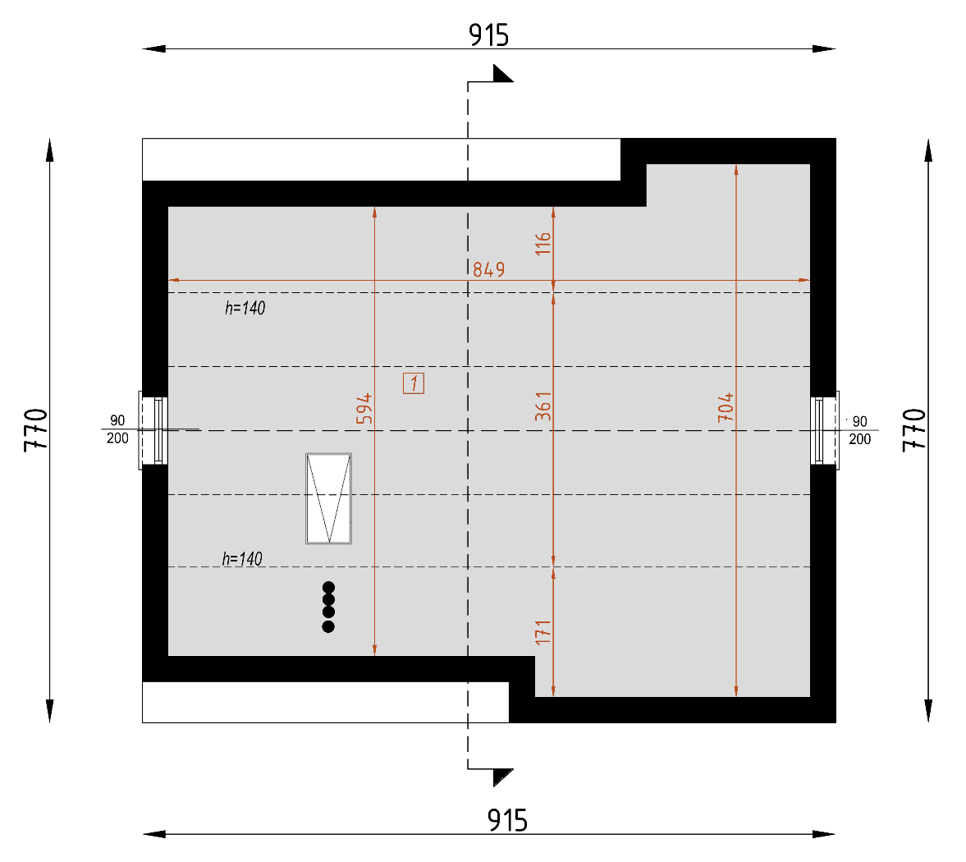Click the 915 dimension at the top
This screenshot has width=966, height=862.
coord(488,35)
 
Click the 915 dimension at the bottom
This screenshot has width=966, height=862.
coord(507,821)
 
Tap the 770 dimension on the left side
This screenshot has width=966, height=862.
coord(36,430)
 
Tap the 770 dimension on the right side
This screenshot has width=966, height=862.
coord(914,430)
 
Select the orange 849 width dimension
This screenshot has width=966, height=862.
coord(488,269)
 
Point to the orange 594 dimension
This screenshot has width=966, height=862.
coord(364,409)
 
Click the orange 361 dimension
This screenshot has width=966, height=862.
coord(543,406)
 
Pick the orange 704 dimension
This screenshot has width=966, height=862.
coord(726,407)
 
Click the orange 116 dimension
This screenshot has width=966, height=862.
coord(543,244)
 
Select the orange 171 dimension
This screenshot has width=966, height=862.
coord(543,633)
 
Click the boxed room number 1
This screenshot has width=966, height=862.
coord(414,383)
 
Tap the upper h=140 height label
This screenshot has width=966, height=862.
coord(245,308)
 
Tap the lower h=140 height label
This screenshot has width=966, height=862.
coord(242,559)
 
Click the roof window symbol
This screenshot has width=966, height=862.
coord(329,498)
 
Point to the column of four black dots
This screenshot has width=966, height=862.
coord(328,607)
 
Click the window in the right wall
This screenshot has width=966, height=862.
coord(824,430)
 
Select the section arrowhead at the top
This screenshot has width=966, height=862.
coord(503,73)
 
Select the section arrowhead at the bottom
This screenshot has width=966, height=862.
coord(503,777)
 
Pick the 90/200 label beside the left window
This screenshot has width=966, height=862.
coord(117,429)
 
